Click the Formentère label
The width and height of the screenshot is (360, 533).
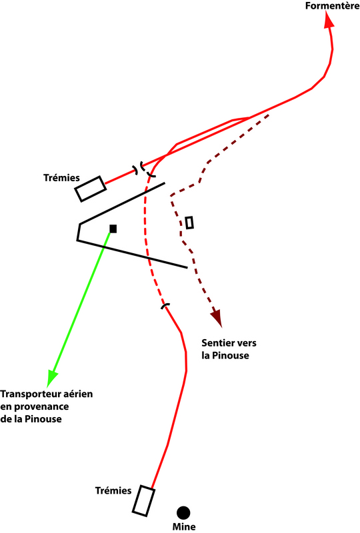tap(332, 6)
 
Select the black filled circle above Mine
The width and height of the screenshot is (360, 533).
tap(183, 512)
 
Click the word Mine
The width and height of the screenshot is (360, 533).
tap(184, 526)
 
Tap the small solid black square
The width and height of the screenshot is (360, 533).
tap(113, 229)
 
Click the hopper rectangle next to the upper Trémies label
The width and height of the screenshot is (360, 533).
tap(91, 189)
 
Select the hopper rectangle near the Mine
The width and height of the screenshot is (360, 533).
tap(143, 501)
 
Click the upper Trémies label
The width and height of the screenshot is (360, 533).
tap(61, 178)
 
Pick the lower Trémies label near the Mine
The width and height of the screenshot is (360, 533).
tap(113, 490)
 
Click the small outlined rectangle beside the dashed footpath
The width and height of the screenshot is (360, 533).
tap(189, 223)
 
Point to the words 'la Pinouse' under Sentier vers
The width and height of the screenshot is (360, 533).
tap(225, 356)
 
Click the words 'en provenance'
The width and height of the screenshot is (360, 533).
tap(35, 407)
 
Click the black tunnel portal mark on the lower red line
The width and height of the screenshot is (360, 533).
tap(165, 306)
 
